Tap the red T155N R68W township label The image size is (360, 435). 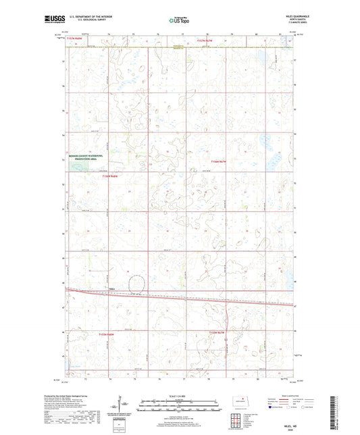point(107,334)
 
